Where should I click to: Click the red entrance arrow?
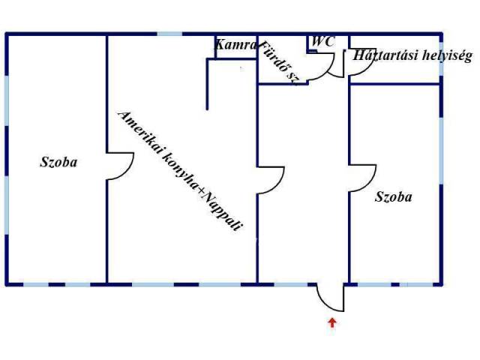332,322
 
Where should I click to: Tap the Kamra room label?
235,45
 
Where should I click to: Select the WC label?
323,41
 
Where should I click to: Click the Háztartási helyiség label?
412,55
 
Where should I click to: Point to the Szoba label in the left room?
58,162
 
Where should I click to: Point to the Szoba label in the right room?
393,196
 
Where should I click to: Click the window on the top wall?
170,34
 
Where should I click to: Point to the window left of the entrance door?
290,284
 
